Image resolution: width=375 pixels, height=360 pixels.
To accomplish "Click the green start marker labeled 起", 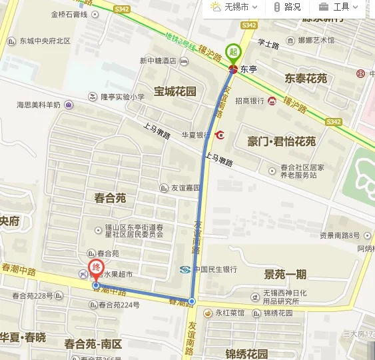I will (232, 51).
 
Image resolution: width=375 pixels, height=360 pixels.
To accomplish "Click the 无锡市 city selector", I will (229, 7).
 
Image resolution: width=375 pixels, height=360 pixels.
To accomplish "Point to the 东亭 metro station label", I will (248, 69).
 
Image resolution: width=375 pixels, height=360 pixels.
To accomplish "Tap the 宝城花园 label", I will (175, 91).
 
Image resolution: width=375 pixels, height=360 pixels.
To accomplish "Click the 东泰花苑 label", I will (306, 79).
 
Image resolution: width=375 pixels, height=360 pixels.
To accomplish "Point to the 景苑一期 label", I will (285, 274).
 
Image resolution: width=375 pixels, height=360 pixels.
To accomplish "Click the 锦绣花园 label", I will (246, 353).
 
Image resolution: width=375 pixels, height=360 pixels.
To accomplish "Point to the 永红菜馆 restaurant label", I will (229, 313).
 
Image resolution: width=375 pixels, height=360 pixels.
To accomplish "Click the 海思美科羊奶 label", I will (39, 105).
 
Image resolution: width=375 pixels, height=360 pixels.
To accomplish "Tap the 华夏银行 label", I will (195, 135).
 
